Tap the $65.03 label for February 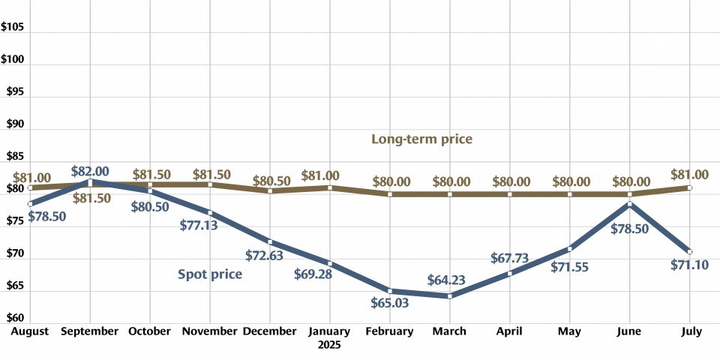coord(391,304)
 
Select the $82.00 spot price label coord(90,172)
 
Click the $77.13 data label coord(199,224)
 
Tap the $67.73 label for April coord(510,258)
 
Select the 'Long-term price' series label coord(421,139)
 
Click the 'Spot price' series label coord(210,274)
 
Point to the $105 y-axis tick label coord(14,28)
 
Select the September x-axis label coord(90,331)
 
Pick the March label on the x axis coord(450,331)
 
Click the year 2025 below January coord(329,346)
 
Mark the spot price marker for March coord(450,296)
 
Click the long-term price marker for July coord(689,187)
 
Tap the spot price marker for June coord(630,203)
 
